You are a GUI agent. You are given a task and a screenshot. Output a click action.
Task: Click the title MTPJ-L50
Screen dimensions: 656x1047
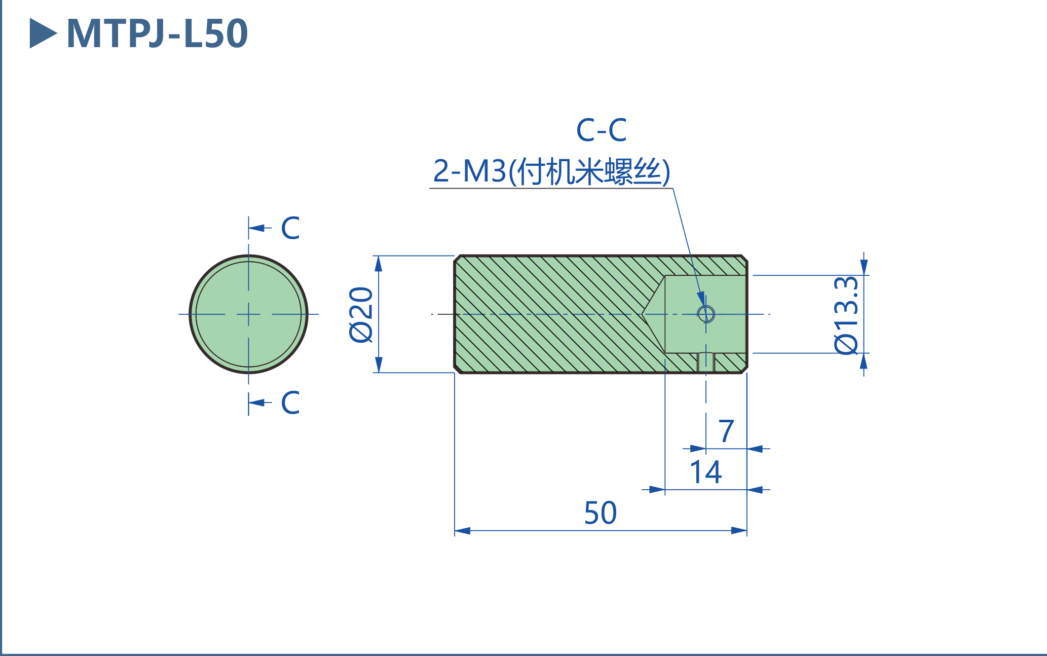click(157, 33)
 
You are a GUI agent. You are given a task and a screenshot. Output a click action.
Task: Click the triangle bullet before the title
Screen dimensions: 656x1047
click(43, 33)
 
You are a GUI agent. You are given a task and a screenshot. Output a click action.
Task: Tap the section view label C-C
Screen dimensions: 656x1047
click(601, 130)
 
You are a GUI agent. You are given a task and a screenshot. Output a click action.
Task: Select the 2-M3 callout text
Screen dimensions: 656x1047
click(551, 171)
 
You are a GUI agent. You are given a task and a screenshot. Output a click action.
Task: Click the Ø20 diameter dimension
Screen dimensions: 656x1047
click(361, 314)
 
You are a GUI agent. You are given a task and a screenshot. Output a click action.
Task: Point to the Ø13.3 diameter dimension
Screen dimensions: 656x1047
click(846, 314)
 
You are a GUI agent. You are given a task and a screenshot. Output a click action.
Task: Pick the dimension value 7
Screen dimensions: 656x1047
click(726, 431)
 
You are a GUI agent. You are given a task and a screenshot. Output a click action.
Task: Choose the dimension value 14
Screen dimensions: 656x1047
click(705, 472)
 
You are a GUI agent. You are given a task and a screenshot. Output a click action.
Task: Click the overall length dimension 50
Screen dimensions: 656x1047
click(601, 513)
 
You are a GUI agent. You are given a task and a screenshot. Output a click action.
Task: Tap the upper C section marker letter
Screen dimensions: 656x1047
click(290, 228)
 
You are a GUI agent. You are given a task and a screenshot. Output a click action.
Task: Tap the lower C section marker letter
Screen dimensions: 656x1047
click(290, 403)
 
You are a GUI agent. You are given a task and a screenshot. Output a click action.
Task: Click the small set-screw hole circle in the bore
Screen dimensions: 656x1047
click(706, 314)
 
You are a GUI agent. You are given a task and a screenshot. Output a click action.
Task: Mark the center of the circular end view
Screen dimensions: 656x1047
click(248, 314)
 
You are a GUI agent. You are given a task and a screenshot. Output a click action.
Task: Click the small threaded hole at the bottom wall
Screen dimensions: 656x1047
click(706, 362)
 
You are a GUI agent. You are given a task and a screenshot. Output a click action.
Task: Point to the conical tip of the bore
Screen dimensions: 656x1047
click(644, 314)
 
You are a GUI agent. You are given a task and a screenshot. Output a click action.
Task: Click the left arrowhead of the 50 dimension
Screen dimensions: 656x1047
click(462, 531)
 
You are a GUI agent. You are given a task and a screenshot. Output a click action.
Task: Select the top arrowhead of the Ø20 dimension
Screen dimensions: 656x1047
click(378, 263)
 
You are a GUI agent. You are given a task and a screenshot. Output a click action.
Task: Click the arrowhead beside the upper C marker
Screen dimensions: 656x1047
click(256, 228)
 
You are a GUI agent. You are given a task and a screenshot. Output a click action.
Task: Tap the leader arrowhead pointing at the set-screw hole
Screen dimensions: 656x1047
click(701, 299)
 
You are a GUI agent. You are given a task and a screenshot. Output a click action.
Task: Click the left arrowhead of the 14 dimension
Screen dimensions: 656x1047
click(657, 490)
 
